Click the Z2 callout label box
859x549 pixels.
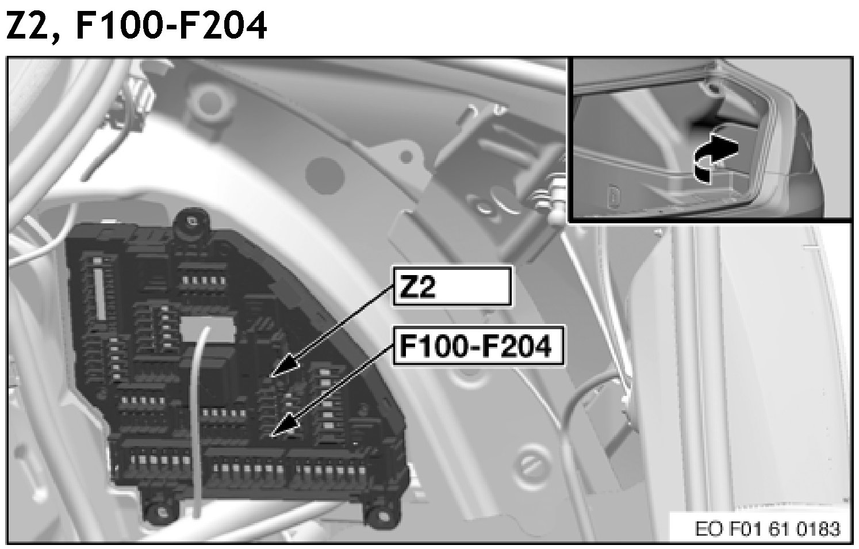pos(452,285)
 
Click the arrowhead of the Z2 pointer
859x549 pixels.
pos(282,368)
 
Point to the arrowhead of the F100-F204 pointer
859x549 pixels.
pos(281,428)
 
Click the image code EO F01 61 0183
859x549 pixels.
pos(767,528)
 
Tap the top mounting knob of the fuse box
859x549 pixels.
pos(190,221)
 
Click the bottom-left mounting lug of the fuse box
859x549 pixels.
pos(155,509)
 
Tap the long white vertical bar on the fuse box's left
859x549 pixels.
pos(102,293)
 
